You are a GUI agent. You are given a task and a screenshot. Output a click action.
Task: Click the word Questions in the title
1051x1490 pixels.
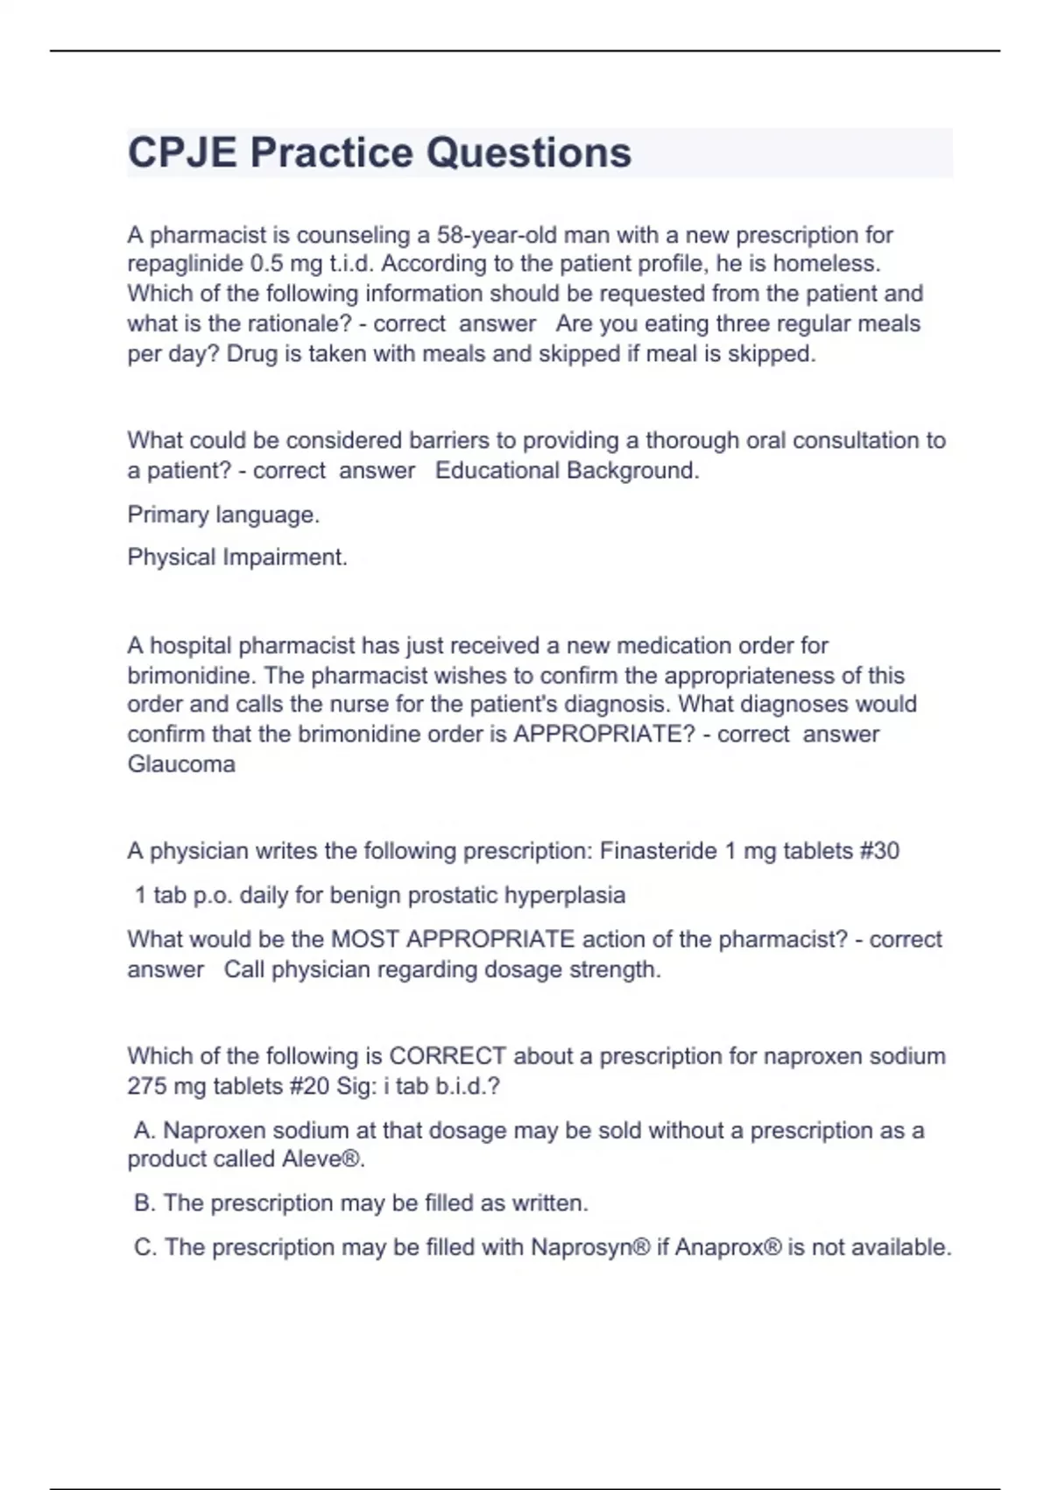tap(528, 153)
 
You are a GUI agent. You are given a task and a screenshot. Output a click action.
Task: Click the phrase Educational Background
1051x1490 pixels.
tap(567, 471)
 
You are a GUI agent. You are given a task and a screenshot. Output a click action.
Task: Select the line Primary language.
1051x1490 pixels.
tap(223, 514)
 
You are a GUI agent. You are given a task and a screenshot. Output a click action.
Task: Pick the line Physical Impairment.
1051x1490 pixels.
tap(237, 557)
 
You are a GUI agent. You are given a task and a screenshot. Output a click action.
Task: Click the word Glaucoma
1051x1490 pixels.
tap(181, 764)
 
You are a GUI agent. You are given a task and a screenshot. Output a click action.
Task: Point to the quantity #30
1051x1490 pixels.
tap(879, 851)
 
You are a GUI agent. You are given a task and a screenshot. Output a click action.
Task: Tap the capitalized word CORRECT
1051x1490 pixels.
tap(448, 1055)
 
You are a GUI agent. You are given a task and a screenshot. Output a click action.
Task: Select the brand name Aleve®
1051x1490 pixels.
tap(322, 1159)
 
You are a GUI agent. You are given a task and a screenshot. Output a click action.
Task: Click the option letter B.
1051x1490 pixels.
tap(145, 1203)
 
